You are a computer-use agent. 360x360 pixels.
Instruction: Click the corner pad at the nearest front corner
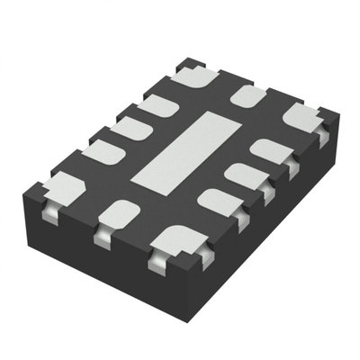pyautogui.click(x=175, y=242)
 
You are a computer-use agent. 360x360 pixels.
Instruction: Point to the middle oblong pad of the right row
pyautogui.click(x=243, y=174)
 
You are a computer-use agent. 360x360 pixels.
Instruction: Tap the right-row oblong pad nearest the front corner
pyautogui.click(x=215, y=201)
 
